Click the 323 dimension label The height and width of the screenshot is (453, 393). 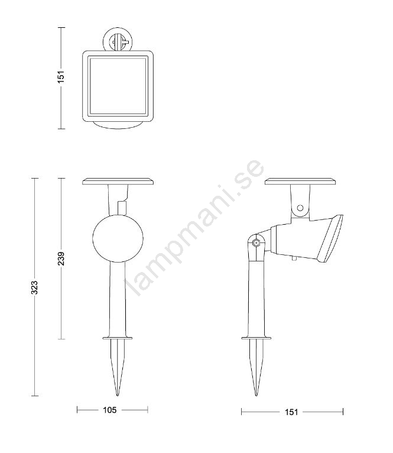[34, 287]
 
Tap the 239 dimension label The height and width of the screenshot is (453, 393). [61, 258]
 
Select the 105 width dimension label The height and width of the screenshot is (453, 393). [110, 410]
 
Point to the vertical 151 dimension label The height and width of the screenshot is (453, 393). [61, 76]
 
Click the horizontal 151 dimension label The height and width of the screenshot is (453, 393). [291, 412]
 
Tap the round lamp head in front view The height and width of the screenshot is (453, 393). [118, 238]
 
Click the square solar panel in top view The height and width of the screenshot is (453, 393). [118, 86]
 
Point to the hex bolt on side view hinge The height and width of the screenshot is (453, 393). [255, 242]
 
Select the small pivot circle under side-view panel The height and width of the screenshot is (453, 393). [300, 208]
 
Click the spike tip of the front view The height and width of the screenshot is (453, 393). [118, 395]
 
